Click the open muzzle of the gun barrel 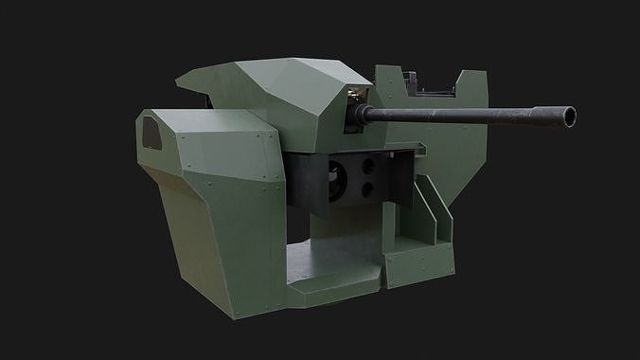(570, 118)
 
